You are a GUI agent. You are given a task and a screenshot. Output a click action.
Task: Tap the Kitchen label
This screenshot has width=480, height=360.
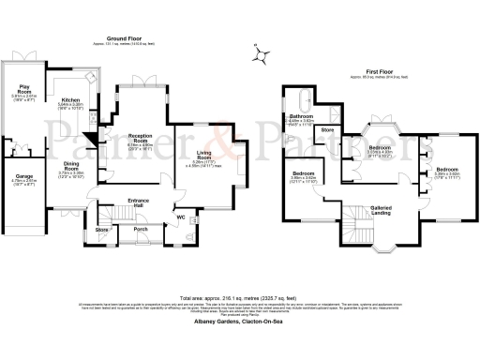point(71,99)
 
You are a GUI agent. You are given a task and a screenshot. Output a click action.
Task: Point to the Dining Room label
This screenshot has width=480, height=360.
point(71,165)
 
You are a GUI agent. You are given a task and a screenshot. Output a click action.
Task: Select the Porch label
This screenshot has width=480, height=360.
point(141,228)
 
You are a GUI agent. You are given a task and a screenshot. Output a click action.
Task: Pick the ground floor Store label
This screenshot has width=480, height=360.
point(102,228)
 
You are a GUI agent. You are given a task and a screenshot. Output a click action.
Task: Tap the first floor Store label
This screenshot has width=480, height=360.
point(327,129)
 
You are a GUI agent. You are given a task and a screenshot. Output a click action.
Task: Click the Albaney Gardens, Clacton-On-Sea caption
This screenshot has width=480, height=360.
point(239,321)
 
